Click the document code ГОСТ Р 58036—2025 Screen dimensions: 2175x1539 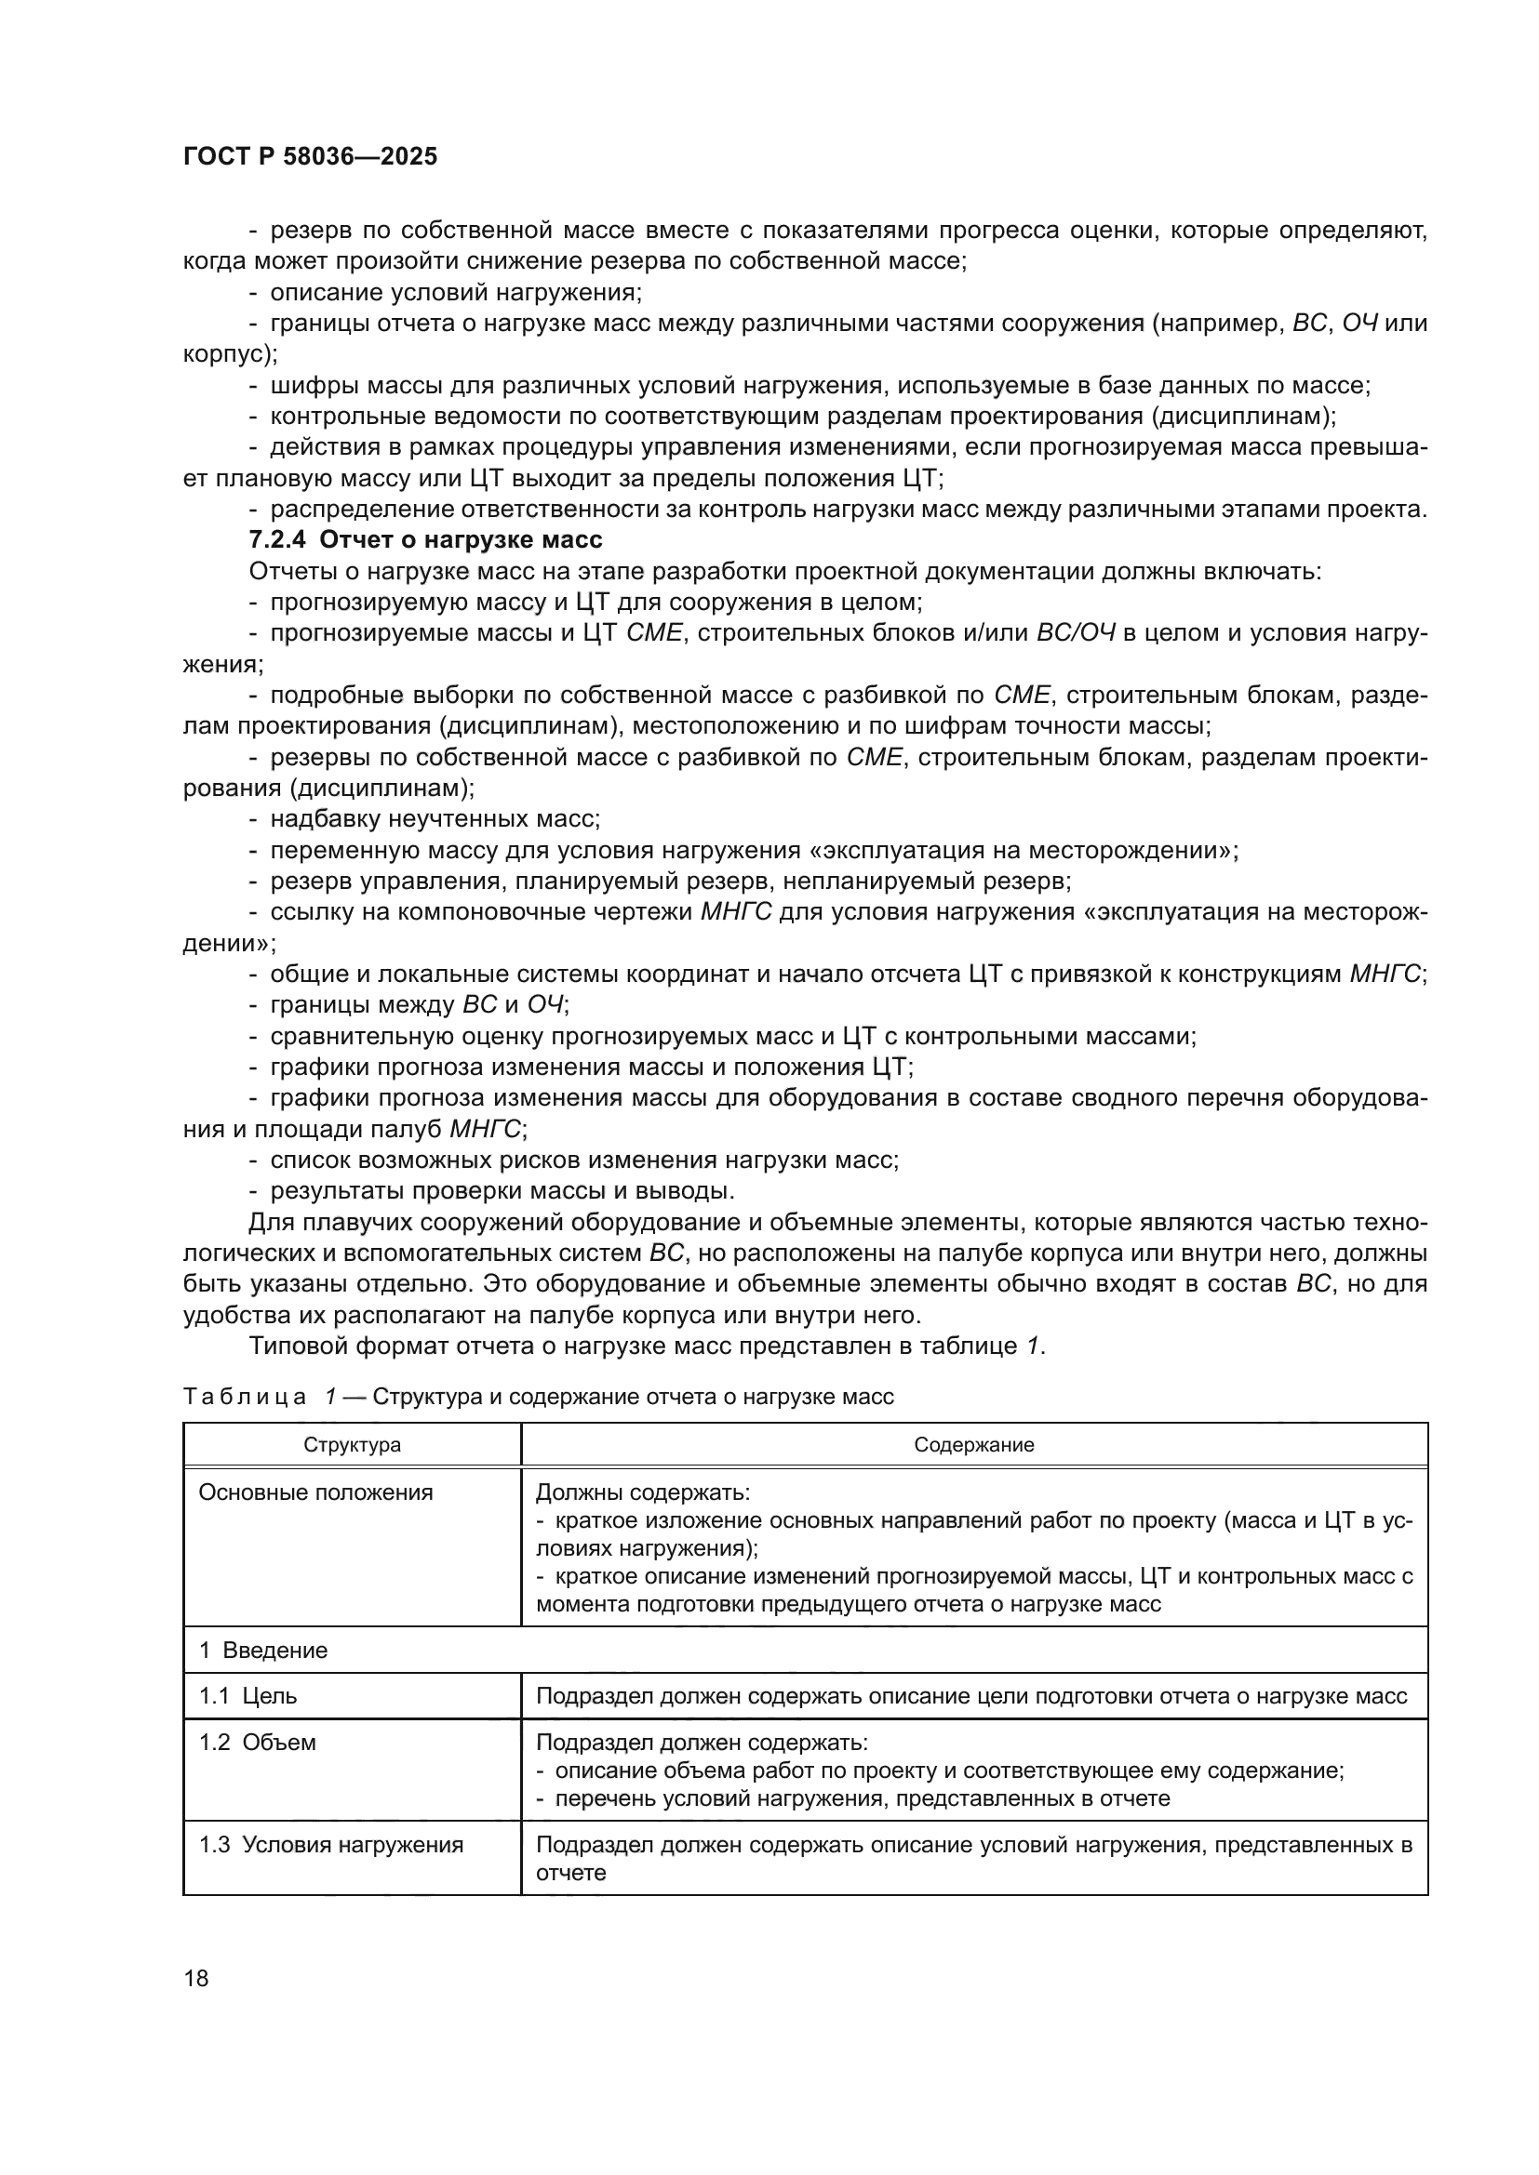pyautogui.click(x=310, y=157)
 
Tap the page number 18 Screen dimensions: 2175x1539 pyautogui.click(x=196, y=1978)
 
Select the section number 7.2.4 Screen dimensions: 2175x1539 pyautogui.click(x=277, y=540)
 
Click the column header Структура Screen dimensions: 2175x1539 pyautogui.click(x=352, y=1445)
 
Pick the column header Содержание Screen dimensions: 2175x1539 pyautogui.click(x=973, y=1445)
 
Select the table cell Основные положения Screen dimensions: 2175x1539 pyautogui.click(x=315, y=1493)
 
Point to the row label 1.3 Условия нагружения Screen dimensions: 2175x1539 pyautogui.click(x=330, y=1843)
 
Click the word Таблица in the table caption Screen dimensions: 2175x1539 pyautogui.click(x=245, y=1397)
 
